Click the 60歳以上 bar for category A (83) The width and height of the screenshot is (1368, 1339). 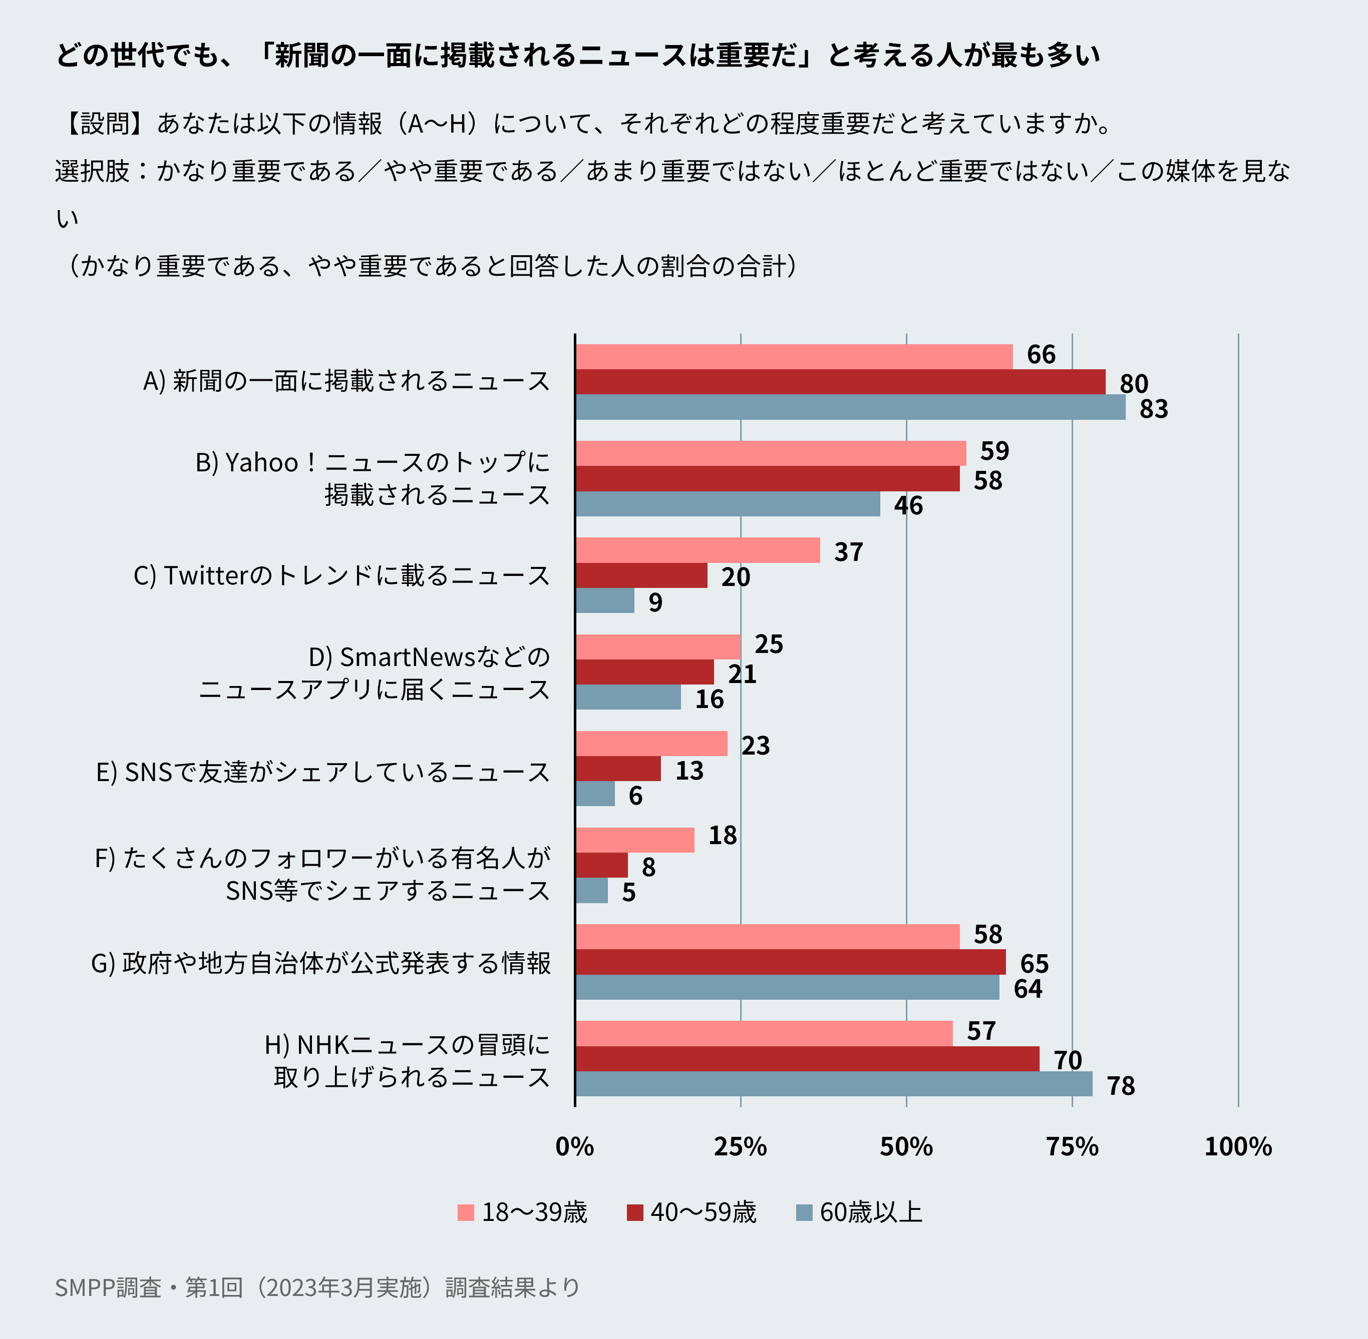(850, 407)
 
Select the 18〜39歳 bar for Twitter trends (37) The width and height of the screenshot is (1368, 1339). (698, 550)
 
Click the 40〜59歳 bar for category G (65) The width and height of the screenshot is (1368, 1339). (790, 962)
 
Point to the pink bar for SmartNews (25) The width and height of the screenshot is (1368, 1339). (658, 646)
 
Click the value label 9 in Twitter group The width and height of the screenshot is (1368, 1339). (655, 602)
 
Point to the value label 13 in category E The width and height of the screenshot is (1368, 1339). (689, 770)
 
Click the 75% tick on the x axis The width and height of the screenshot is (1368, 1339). (1072, 1147)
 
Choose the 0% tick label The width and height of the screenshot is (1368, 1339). (574, 1147)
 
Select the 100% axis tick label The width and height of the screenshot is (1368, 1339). (1238, 1147)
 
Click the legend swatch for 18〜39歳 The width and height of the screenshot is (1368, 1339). (465, 1212)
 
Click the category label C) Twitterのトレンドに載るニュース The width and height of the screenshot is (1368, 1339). (342, 575)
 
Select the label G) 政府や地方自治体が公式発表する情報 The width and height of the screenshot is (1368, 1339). (321, 963)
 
